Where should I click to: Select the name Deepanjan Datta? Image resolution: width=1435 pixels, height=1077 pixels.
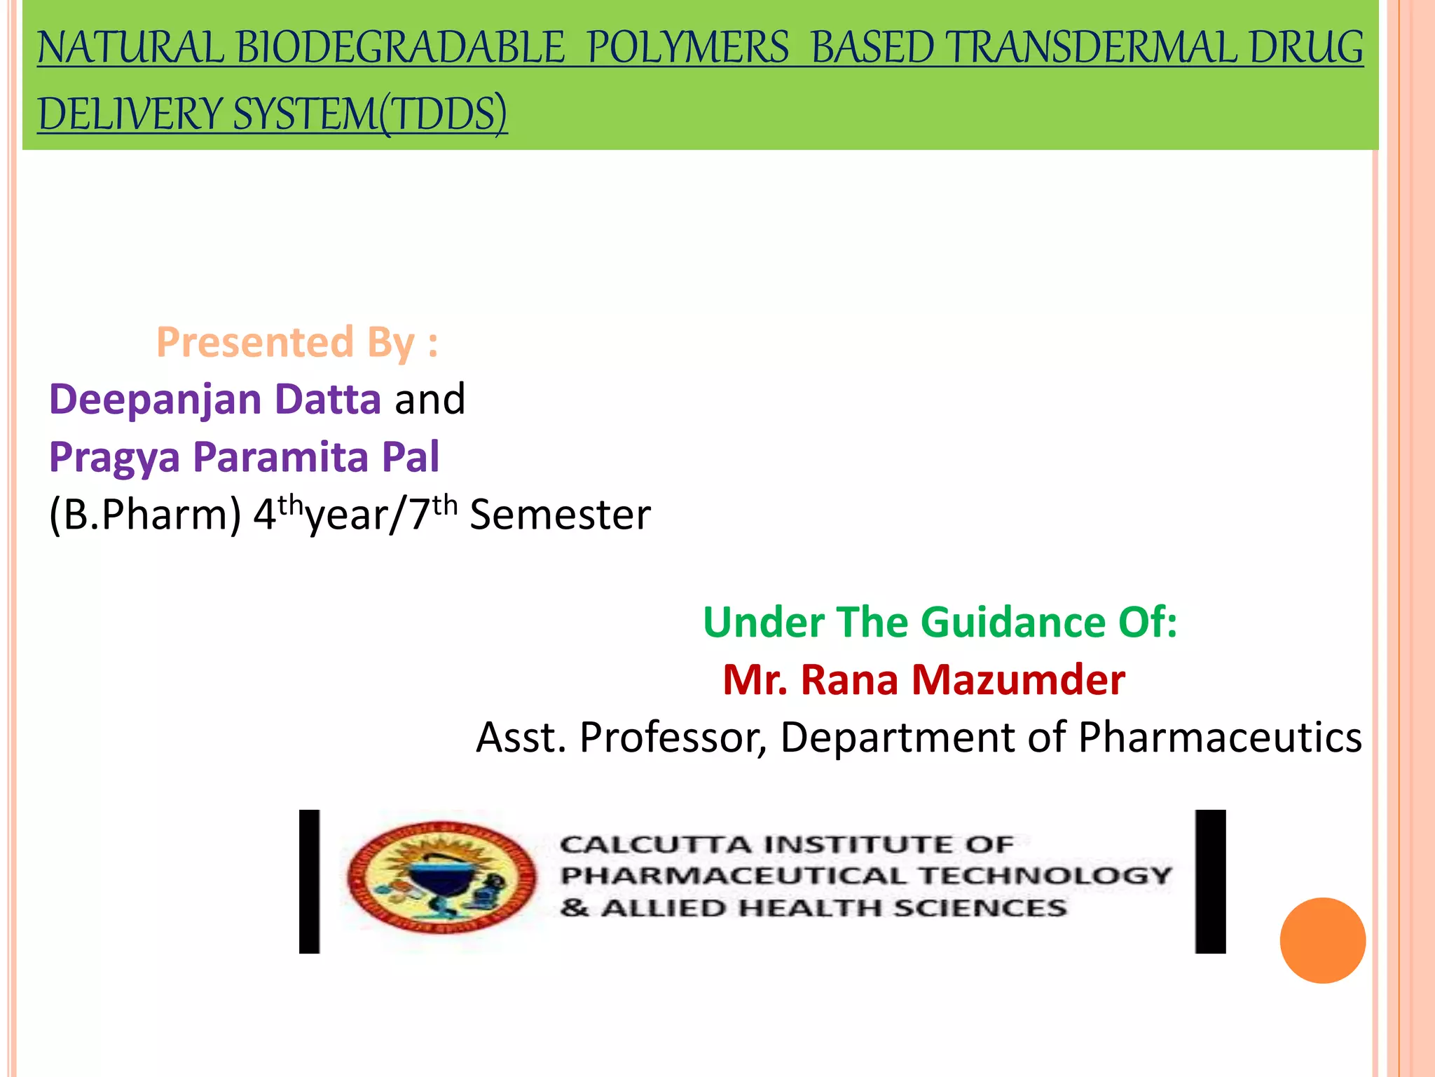(215, 399)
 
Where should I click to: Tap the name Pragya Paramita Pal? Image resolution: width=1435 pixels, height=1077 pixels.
(244, 456)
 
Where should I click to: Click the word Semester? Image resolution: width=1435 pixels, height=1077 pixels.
(560, 515)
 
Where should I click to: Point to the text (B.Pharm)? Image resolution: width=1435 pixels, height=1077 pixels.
(145, 515)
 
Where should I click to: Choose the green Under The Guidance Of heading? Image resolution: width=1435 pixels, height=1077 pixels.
(940, 622)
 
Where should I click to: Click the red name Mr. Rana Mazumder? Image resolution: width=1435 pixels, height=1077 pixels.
(924, 679)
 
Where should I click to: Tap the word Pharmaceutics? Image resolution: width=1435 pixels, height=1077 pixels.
(1219, 737)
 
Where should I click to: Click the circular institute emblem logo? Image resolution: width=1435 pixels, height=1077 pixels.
(441, 877)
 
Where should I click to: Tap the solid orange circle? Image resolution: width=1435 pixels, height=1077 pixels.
(1322, 940)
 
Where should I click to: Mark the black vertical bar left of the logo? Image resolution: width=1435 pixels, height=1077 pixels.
(309, 881)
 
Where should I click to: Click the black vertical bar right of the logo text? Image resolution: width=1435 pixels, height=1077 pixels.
(1210, 881)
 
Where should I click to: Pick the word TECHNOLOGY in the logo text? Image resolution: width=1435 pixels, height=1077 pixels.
(1045, 875)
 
